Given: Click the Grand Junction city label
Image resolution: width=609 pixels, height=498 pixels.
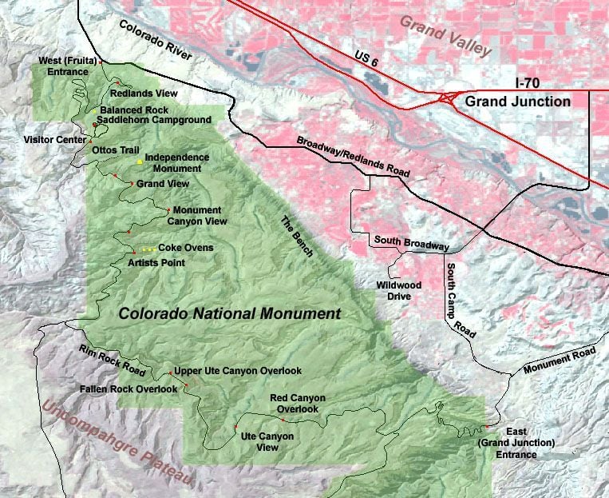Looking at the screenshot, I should click(517, 102).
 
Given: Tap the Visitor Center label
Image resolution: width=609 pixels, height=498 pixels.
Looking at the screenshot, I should click(43, 137).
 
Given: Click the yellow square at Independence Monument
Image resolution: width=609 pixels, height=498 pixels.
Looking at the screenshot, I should click(140, 161).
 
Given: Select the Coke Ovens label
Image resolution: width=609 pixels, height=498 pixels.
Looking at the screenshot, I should click(186, 248).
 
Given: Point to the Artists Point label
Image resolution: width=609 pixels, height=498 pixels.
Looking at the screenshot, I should click(156, 262).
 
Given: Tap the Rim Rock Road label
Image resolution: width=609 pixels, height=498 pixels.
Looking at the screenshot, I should click(111, 362).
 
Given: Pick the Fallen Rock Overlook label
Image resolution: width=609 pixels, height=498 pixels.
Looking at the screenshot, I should click(129, 388).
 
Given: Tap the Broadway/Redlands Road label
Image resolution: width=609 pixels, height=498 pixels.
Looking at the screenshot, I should click(353, 157).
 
